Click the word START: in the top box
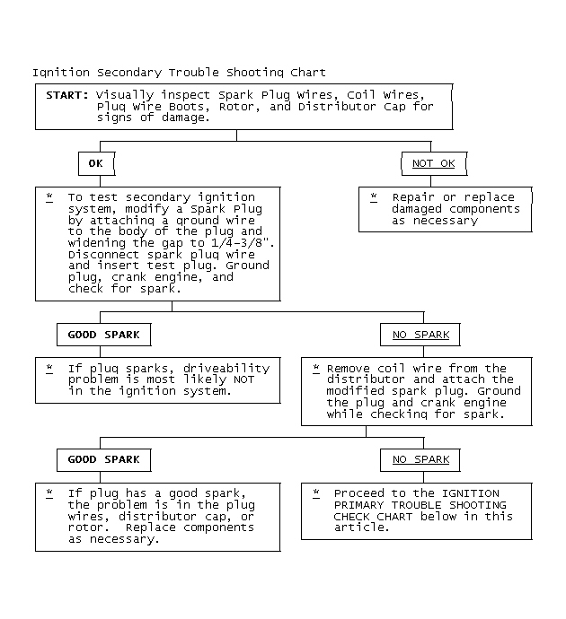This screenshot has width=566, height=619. click(67, 95)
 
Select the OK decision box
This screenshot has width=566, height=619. click(97, 163)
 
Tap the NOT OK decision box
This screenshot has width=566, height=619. click(434, 163)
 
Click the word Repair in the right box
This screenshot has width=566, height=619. click(413, 197)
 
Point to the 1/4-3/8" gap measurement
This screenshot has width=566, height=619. click(243, 242)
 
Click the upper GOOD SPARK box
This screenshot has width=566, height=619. click(104, 335)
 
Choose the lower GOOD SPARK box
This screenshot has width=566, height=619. click(104, 460)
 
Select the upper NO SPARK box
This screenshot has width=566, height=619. click(420, 335)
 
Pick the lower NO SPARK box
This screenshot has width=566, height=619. click(420, 460)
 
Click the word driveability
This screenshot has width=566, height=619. click(226, 369)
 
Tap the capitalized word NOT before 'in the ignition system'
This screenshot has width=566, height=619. click(243, 379)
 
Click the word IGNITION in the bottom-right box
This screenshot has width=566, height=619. click(471, 493)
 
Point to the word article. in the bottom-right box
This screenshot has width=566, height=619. click(362, 527)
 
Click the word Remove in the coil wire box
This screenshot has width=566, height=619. click(349, 369)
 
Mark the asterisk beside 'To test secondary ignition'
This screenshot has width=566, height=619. click(49, 197)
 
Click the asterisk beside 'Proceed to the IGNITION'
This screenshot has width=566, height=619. click(316, 493)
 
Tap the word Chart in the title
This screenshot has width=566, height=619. click(308, 73)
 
